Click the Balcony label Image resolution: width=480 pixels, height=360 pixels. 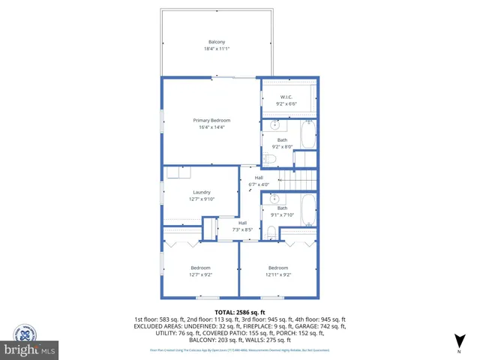click(216, 41)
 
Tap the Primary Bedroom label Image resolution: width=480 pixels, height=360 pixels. click(211, 121)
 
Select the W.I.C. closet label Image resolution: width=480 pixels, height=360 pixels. click(286, 97)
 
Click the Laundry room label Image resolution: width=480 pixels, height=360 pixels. click(201, 192)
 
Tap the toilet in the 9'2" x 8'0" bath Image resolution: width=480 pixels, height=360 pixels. click(270, 158)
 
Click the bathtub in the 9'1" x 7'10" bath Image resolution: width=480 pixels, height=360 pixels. click(308, 210)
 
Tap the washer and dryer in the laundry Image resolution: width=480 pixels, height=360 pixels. click(178, 173)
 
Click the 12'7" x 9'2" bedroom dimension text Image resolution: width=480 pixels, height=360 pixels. click(201, 274)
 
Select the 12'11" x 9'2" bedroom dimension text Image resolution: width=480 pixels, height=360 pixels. click(278, 274)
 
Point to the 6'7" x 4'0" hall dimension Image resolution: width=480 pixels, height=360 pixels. click(258, 184)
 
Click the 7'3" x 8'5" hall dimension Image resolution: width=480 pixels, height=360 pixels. click(243, 229)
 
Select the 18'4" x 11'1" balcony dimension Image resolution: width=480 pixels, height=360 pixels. click(216, 49)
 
